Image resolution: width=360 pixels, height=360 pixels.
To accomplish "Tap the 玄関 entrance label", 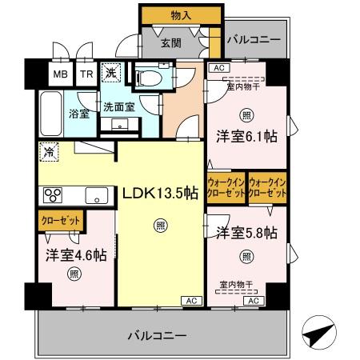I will click(x=169, y=42).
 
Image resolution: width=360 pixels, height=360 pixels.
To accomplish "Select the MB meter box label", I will click(x=61, y=75).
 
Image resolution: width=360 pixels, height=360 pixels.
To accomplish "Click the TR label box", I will click(x=86, y=75).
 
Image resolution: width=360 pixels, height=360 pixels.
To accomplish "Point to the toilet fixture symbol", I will click(x=147, y=78).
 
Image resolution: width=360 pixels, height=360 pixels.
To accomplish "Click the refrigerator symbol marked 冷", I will click(x=49, y=149).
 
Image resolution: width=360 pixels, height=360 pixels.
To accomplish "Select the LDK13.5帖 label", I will click(x=159, y=193).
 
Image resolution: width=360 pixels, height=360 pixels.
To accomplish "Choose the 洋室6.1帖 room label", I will click(x=246, y=137).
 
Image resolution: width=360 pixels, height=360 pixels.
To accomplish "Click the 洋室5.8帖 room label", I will click(x=246, y=233).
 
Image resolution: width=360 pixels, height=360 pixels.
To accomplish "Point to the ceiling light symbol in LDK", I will click(x=161, y=226).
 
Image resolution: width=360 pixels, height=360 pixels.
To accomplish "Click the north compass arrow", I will click(x=318, y=331).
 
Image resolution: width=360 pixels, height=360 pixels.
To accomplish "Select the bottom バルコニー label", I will click(x=157, y=334).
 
